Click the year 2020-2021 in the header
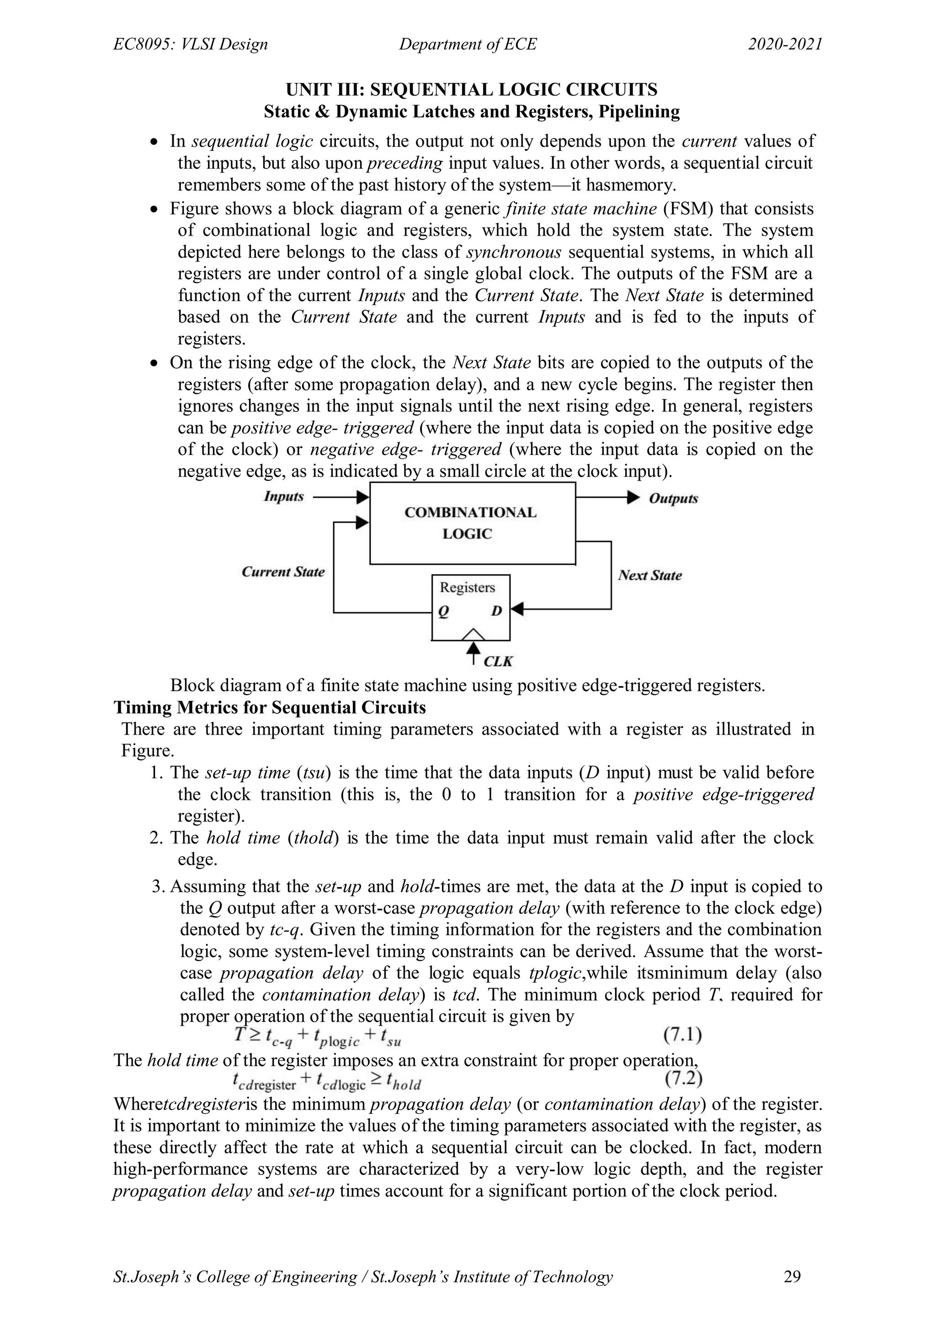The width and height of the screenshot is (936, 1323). coord(785,44)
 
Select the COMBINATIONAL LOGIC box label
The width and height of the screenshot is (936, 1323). coord(470,523)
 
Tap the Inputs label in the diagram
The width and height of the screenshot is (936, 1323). coord(283,496)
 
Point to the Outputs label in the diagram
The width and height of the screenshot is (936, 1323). coord(673,498)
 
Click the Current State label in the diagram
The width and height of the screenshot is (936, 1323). coord(283,572)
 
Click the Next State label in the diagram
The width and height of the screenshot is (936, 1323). coord(649,575)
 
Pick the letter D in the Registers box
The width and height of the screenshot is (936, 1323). coord(496,610)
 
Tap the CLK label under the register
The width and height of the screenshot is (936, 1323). coord(498,661)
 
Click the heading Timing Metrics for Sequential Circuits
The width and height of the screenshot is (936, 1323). coord(270,707)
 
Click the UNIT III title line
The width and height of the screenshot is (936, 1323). coord(472,90)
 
